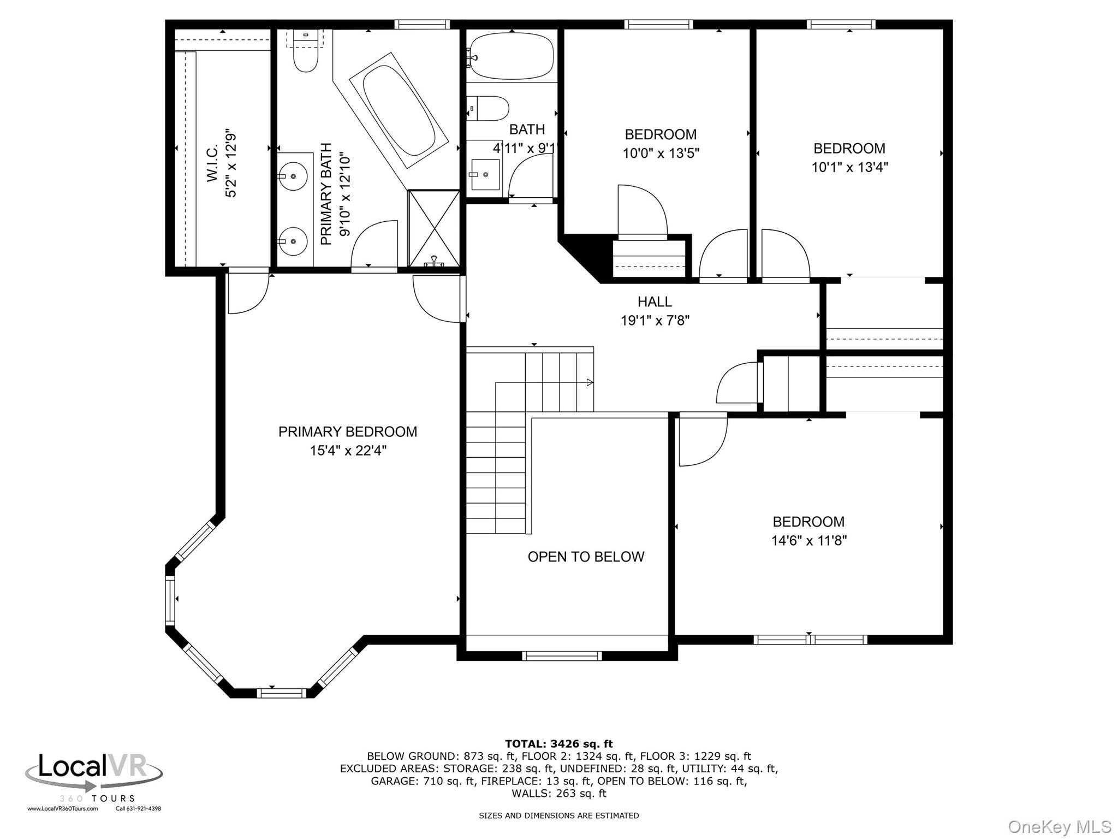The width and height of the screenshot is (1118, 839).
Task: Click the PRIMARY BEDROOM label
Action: [x=348, y=432]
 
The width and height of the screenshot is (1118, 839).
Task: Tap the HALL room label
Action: [x=655, y=302]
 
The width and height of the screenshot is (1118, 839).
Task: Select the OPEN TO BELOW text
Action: [x=586, y=557]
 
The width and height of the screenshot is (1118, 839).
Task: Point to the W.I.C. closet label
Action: [x=213, y=163]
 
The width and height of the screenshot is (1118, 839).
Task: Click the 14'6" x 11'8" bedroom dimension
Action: [x=808, y=541]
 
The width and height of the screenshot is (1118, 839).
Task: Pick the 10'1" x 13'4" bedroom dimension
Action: [x=849, y=167]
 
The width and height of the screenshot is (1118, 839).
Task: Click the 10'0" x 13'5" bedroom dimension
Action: [x=661, y=153]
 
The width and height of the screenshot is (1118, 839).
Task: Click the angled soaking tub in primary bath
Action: [x=399, y=110]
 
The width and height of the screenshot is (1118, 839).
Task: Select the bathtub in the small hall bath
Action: [x=512, y=56]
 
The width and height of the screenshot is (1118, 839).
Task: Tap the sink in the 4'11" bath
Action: [x=485, y=174]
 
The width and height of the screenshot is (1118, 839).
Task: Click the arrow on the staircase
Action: [x=590, y=382]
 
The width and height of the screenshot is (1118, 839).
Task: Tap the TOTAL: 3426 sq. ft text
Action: [x=558, y=744]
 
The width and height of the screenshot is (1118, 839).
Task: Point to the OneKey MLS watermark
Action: [x=1059, y=827]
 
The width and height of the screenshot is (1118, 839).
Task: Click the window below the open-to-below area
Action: [x=562, y=656]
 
